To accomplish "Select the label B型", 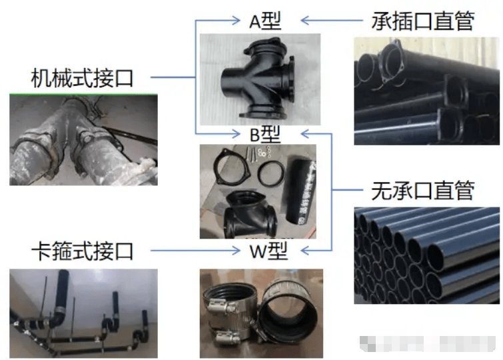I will coord(265,133).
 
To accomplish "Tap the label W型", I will coord(265,252).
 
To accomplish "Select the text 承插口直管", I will coord(422,21).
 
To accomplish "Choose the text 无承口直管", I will coord(422,192).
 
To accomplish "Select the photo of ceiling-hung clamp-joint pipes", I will coord(83,312).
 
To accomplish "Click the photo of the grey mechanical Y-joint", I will coord(83,140).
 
